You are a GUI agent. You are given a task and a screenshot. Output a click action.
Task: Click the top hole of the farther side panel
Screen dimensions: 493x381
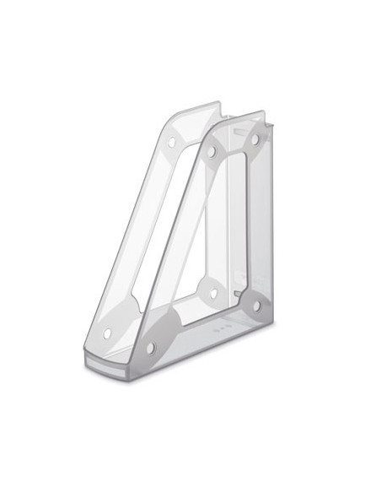(x=174, y=140)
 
